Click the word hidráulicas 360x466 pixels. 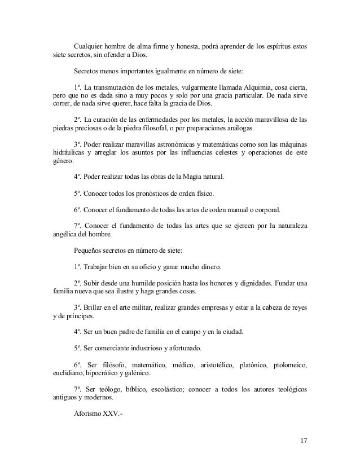click(x=63, y=152)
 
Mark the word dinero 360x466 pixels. click(x=209, y=266)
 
